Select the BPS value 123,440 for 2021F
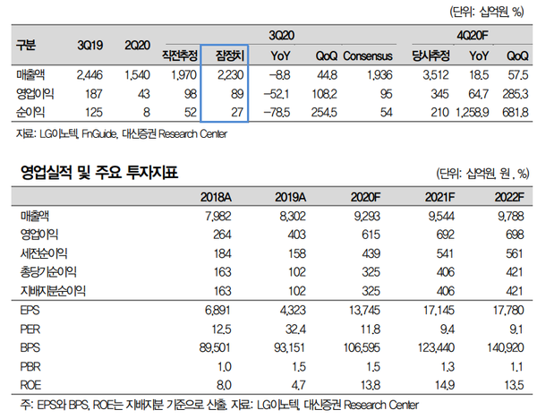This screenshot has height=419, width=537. (432, 346)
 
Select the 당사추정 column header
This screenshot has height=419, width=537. (426, 56)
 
